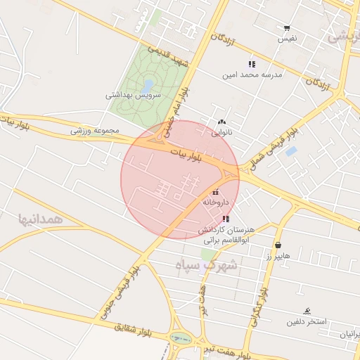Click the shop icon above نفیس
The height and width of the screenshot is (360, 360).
click(x=287, y=28)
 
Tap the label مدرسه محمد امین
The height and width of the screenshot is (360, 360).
click(x=252, y=74)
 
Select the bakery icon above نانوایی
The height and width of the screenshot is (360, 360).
click(x=222, y=121)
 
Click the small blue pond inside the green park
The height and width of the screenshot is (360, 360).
click(x=149, y=85)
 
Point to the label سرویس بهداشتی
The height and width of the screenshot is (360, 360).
click(x=134, y=94)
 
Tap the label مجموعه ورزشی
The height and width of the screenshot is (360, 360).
click(x=96, y=131)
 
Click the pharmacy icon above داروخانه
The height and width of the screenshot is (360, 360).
click(x=215, y=192)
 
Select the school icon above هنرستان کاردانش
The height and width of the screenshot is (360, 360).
click(x=225, y=219)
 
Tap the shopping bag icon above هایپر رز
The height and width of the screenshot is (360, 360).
click(x=278, y=245)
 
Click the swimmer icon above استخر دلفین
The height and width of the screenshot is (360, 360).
click(x=307, y=311)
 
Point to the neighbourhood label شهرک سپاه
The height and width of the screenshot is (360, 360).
click(x=207, y=266)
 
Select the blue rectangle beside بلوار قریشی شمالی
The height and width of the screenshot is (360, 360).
click(x=291, y=151)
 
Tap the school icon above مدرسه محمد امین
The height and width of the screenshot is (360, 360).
click(x=252, y=64)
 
